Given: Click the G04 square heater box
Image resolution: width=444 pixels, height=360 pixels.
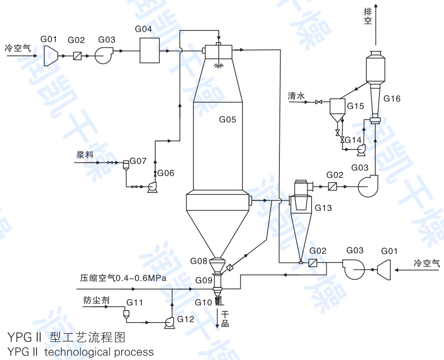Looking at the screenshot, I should (150, 50).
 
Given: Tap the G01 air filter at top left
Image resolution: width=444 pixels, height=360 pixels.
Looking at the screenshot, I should (51, 55).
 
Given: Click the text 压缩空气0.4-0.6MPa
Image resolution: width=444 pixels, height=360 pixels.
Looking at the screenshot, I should (123, 278).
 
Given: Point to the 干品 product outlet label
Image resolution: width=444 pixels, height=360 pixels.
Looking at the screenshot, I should (225, 319).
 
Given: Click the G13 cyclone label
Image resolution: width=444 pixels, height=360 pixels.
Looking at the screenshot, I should (323, 208).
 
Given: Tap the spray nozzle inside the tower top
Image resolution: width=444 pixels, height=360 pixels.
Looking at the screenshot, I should (219, 65).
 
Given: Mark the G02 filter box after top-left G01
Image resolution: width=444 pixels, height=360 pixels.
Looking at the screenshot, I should (77, 56).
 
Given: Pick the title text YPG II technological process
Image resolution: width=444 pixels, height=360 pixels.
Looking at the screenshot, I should (80, 352).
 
